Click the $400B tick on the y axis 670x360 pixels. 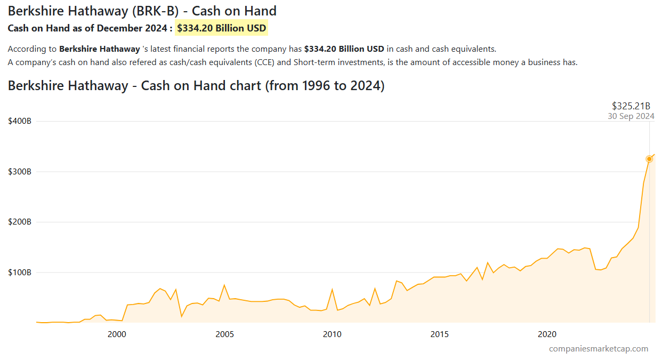tap(20, 121)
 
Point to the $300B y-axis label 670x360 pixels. tap(20, 172)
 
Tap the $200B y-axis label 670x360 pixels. tap(20, 222)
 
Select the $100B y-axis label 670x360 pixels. tap(20, 273)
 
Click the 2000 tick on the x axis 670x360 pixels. tap(117, 334)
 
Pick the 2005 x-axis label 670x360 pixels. tap(224, 334)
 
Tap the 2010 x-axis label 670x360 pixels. tap(332, 334)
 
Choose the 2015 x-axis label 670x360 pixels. tap(440, 334)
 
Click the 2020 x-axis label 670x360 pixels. tap(547, 334)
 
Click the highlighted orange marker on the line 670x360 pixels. tap(649, 159)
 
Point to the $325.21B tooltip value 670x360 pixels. tap(631, 106)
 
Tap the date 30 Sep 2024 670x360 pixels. tap(631, 116)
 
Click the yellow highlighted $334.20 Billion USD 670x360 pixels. tap(222, 28)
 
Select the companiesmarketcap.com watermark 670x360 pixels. tap(599, 349)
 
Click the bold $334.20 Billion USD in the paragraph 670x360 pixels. tap(344, 49)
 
